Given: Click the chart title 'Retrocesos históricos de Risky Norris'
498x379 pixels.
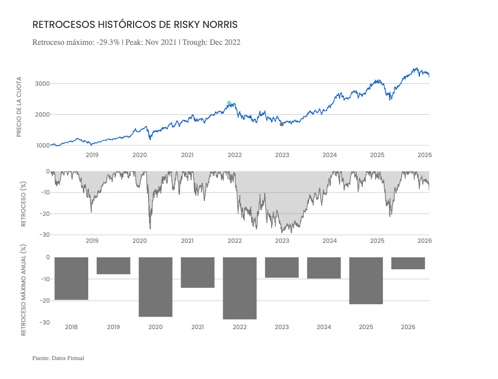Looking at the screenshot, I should [x=135, y=24].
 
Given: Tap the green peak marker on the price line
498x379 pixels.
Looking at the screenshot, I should [x=229, y=103].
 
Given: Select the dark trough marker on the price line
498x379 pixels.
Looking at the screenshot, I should [x=282, y=124].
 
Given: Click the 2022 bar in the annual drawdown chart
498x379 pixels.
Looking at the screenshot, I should [x=240, y=288].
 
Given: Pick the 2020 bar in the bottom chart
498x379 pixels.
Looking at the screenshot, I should [x=156, y=287].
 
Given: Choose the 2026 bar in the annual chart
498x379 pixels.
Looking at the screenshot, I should [x=408, y=263].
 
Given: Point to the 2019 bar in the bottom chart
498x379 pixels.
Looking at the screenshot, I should [x=113, y=266].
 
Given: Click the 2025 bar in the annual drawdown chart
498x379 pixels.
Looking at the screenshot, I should [x=366, y=281].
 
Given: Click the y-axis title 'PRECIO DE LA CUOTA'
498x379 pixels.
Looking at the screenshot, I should [x=19, y=107].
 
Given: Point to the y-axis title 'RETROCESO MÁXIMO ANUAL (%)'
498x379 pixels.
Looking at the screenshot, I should [x=22, y=290].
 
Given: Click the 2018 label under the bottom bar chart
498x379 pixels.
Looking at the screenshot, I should [x=71, y=327].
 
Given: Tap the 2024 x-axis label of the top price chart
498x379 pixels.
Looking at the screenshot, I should [x=330, y=155].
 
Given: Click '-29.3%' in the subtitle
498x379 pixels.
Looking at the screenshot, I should [x=108, y=42].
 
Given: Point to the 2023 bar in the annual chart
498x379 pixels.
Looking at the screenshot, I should [x=282, y=267].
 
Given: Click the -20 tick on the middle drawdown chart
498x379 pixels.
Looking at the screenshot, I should [x=44, y=214].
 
